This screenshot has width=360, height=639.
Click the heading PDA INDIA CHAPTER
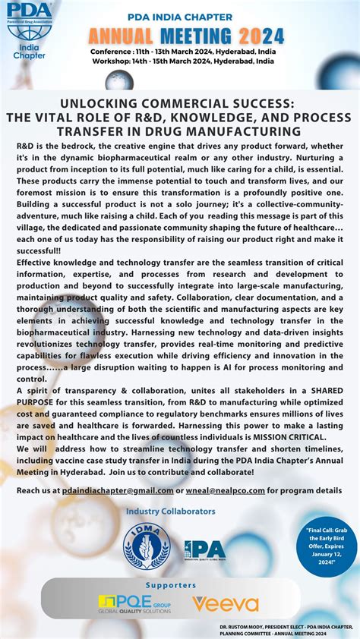(x=186, y=15)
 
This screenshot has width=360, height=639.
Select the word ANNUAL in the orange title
(x=121, y=35)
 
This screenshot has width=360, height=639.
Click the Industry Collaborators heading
(x=171, y=512)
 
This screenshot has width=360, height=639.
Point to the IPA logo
(x=204, y=549)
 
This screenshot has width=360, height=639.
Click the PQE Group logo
(x=134, y=604)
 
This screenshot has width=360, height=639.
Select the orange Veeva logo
(x=225, y=604)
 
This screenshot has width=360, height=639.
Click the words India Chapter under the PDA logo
(x=30, y=50)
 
